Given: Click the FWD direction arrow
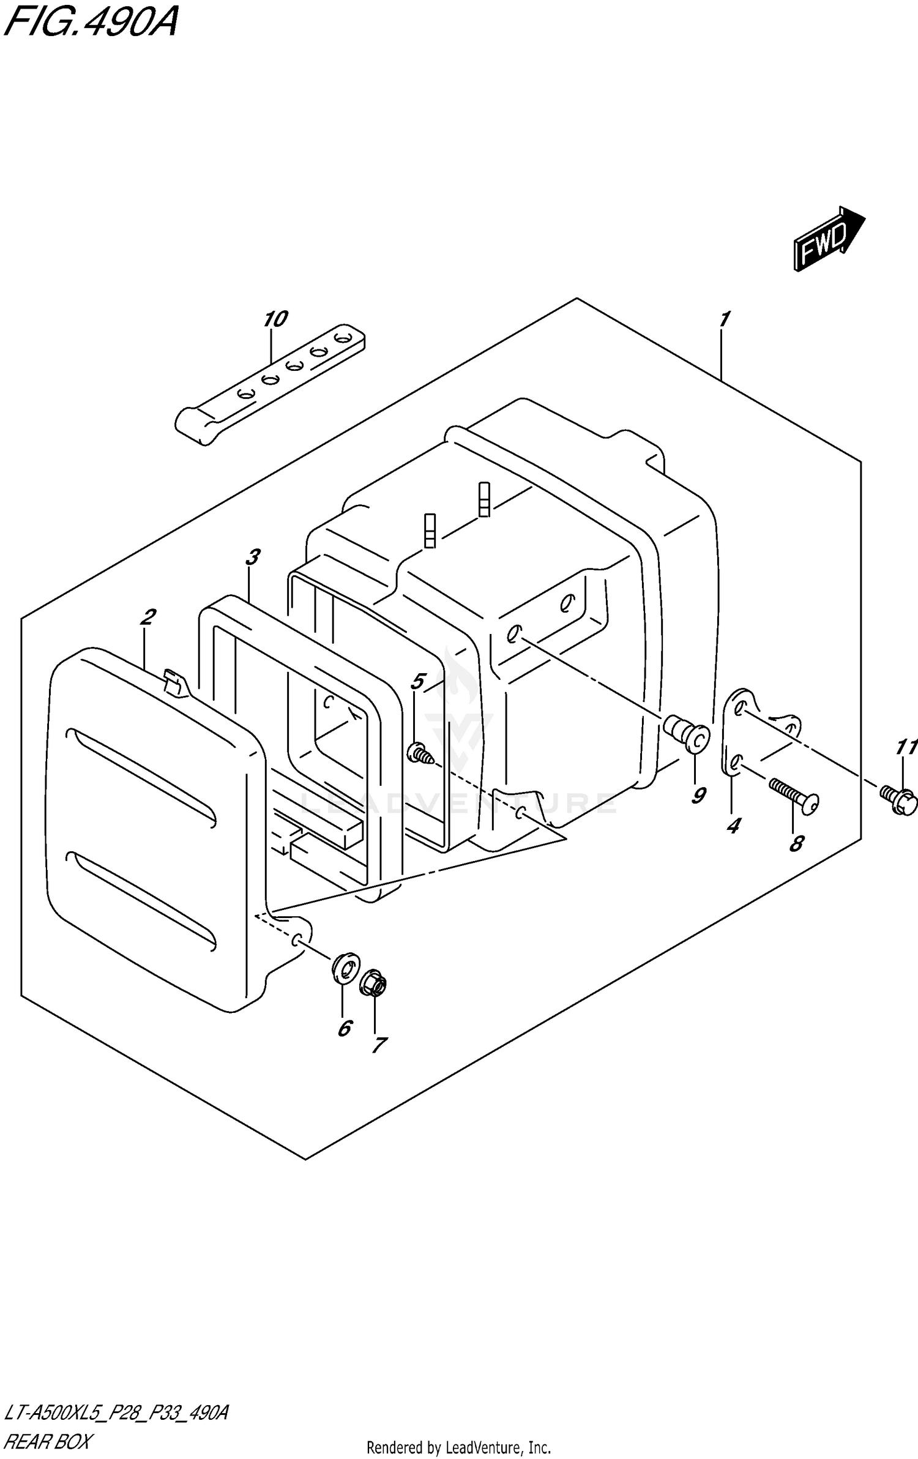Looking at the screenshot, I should pos(828,239).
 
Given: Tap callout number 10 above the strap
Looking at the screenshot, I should pos(275,319).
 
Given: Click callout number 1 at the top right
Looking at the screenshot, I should pos(725,319).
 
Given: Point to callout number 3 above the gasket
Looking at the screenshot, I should pos(252,557).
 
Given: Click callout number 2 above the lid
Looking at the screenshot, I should pos(147,618).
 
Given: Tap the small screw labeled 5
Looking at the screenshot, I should pos(420,753).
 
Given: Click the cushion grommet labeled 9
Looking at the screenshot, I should pos(687,735).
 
